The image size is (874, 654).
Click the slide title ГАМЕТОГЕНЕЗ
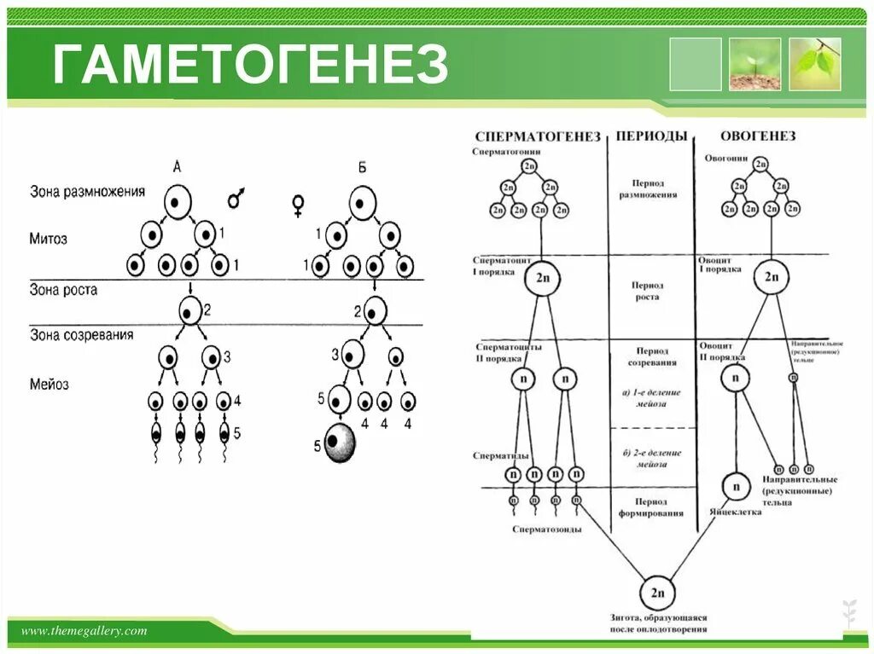click(x=250, y=66)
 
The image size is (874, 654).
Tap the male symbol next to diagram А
click(x=235, y=200)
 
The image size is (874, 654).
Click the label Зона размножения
click(x=87, y=192)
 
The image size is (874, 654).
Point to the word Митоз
click(x=49, y=239)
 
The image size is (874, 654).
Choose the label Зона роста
click(x=63, y=290)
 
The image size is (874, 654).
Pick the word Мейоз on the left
click(x=50, y=385)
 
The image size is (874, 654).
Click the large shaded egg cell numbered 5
click(x=340, y=443)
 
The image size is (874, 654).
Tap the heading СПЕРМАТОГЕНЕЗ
click(x=538, y=136)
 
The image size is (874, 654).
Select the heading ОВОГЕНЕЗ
click(x=758, y=136)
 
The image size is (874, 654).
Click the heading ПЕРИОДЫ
click(x=651, y=136)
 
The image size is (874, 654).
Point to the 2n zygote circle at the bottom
click(x=657, y=593)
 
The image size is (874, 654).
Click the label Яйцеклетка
click(x=735, y=513)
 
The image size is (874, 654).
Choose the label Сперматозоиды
click(x=547, y=529)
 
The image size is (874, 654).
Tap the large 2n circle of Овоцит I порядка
click(x=772, y=277)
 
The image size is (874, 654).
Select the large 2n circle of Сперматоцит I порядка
click(x=542, y=278)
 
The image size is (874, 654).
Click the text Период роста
click(x=647, y=292)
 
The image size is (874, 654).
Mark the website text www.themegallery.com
click(x=84, y=631)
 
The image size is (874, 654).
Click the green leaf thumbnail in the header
click(x=814, y=64)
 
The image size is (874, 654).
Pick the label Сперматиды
click(x=501, y=456)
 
